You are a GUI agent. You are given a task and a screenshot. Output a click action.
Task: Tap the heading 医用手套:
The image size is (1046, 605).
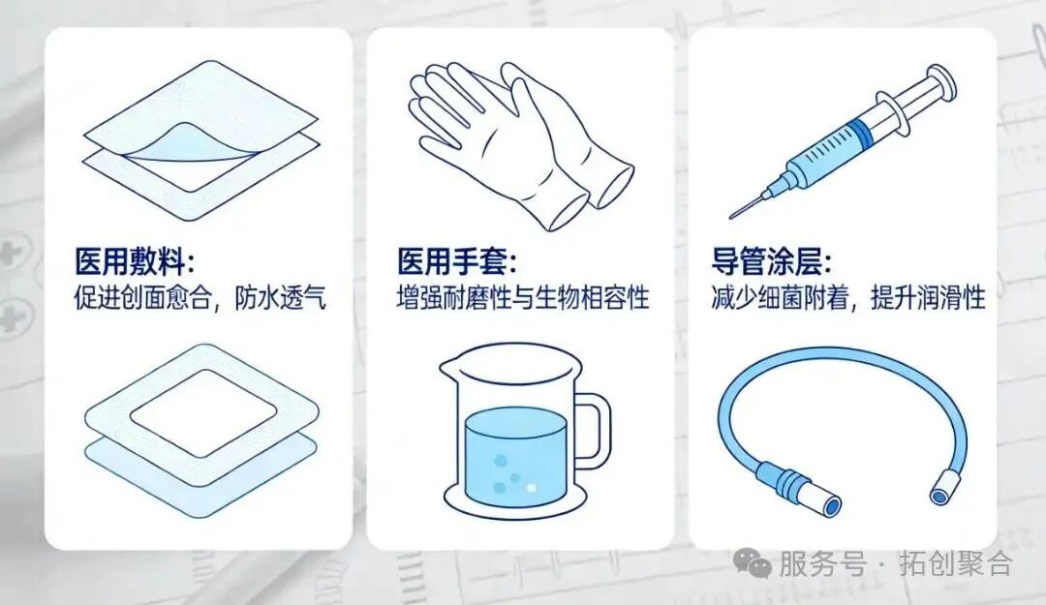tap(457, 262)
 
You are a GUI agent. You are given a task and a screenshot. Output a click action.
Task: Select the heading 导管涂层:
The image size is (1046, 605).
tap(771, 262)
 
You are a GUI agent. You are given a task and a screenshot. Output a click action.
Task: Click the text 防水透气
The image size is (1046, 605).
tap(281, 298)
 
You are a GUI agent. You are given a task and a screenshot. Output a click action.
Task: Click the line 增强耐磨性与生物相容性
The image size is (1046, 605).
tap(523, 298)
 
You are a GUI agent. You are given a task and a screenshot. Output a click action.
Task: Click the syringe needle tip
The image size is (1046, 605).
tap(733, 215)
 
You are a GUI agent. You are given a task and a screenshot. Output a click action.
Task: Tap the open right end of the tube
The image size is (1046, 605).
tap(938, 495)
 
